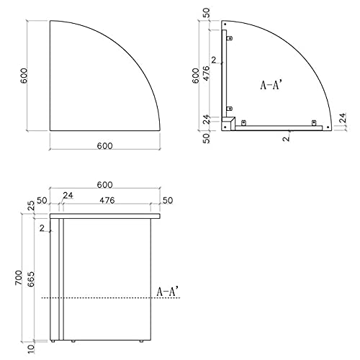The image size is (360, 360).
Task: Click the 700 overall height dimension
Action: [19, 277]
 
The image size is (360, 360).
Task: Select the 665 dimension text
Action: [31, 279]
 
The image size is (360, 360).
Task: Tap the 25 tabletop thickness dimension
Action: [32, 206]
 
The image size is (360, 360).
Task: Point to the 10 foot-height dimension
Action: [32, 349]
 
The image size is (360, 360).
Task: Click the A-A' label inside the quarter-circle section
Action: [271, 85]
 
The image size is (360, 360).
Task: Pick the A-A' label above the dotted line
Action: [168, 291]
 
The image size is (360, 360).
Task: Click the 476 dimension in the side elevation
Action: [107, 200]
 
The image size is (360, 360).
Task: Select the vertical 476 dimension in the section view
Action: [206, 73]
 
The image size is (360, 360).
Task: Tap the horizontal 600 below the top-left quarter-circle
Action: [104, 145]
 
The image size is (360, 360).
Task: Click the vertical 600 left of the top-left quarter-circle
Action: [24, 76]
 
